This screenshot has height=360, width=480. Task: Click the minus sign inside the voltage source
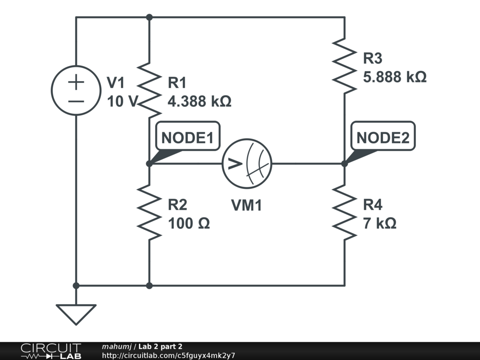(75, 100)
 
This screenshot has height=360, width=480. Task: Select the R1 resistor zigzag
(149, 90)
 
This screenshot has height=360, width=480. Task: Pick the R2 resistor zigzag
(149, 212)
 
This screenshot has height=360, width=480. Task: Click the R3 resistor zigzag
(345, 66)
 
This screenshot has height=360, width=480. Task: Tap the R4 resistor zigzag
(345, 212)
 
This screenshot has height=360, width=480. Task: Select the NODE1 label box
(187, 138)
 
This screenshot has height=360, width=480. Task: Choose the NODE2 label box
(382, 138)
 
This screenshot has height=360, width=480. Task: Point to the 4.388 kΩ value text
(200, 101)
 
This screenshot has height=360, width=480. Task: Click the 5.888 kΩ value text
(395, 77)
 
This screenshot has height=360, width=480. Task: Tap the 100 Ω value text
(188, 224)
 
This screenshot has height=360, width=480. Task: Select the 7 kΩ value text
(380, 224)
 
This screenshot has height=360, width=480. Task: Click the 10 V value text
(120, 101)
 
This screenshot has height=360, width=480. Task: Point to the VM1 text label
(246, 205)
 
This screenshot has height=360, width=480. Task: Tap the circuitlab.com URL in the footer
(168, 355)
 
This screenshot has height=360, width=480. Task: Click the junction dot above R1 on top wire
(149, 17)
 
